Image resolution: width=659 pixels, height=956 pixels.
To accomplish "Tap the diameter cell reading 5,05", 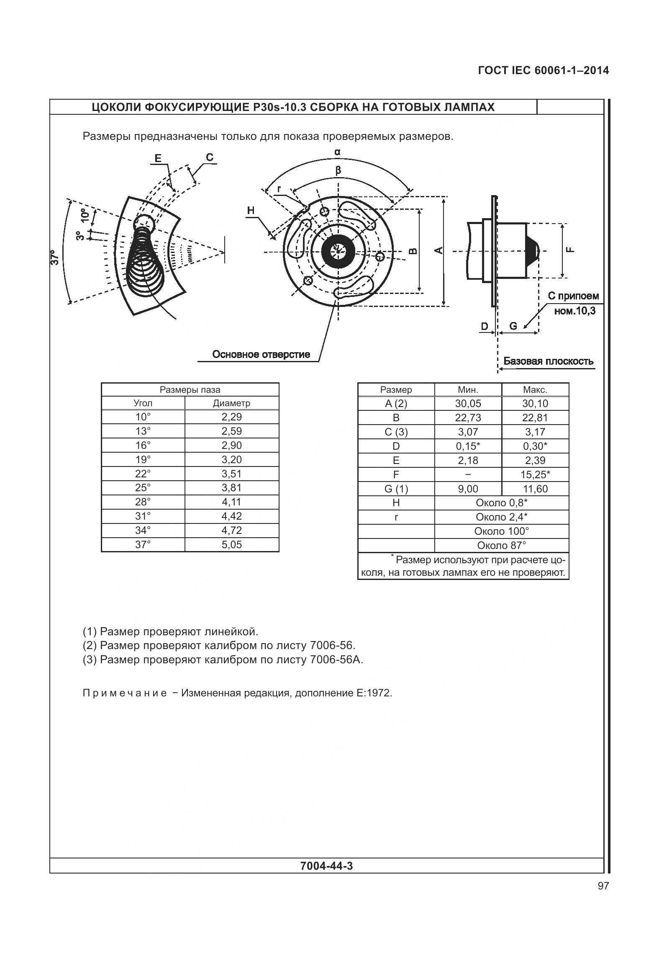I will tap(231, 545).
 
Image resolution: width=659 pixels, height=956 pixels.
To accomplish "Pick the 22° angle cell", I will tap(143, 474).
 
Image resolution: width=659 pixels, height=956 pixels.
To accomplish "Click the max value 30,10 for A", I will tap(535, 404).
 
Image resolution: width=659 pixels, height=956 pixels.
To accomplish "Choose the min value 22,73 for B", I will tap(468, 418).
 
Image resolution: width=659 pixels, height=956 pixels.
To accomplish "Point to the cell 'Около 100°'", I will tap(501, 531).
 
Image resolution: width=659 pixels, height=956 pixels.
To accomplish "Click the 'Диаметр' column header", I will tap(231, 403).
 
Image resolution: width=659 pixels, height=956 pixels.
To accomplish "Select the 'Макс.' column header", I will tap(535, 390).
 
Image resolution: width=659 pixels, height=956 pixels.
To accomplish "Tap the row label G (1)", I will tap(396, 489).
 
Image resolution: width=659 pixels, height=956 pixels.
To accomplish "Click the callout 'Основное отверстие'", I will tap(261, 355).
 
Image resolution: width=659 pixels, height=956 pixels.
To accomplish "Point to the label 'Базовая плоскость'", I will tap(548, 361).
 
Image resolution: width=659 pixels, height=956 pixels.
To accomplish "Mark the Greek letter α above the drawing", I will tap(337, 152).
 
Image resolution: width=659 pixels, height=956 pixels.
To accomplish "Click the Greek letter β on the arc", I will tap(338, 170).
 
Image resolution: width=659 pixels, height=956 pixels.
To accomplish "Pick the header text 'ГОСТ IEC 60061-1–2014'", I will tap(543, 71).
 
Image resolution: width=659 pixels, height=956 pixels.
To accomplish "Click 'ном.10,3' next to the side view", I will tap(574, 311).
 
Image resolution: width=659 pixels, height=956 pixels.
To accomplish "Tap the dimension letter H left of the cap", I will tap(251, 211).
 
